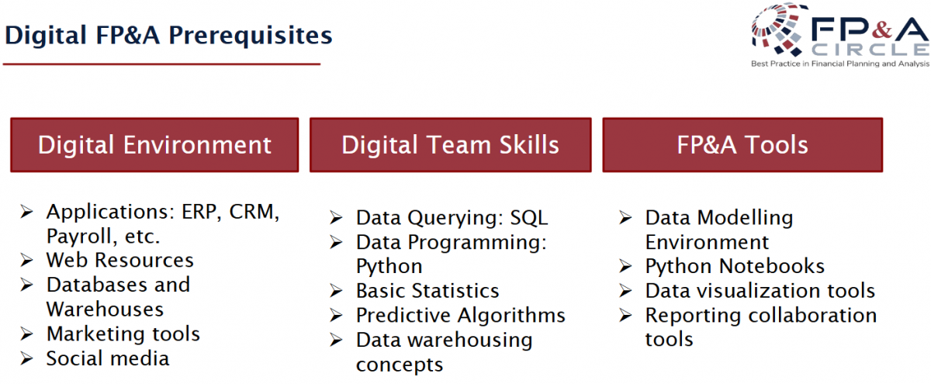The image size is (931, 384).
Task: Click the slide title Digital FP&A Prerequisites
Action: (x=168, y=36)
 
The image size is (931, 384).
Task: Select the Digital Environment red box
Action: (x=154, y=144)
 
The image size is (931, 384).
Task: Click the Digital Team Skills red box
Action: (x=451, y=144)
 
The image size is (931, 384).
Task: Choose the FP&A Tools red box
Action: (x=742, y=144)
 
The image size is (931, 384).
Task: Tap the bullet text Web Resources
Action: (x=120, y=261)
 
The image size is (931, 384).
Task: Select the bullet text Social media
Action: (x=108, y=358)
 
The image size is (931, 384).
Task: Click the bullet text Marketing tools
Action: (x=123, y=334)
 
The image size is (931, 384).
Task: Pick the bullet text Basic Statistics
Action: (x=427, y=290)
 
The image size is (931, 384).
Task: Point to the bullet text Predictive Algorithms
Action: (x=461, y=316)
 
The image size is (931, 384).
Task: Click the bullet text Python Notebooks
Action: (x=735, y=266)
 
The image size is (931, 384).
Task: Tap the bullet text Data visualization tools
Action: (x=760, y=290)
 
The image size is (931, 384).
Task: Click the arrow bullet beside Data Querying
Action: (x=336, y=218)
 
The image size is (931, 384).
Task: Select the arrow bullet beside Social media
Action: (x=26, y=358)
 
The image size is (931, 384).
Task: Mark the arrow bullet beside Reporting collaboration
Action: (x=625, y=316)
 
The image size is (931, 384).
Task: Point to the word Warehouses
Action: (x=106, y=310)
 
